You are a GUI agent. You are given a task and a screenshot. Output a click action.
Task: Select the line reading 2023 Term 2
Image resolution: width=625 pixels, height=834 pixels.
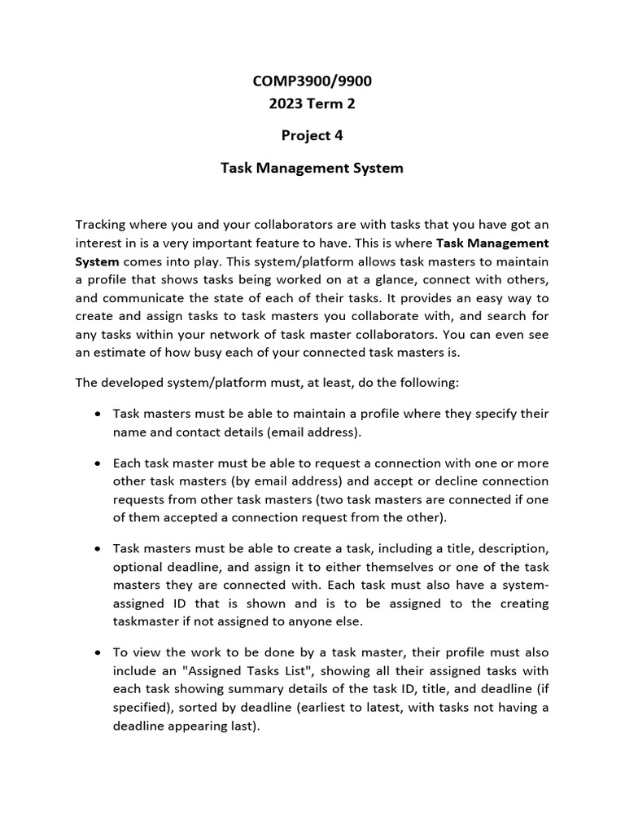tap(312, 103)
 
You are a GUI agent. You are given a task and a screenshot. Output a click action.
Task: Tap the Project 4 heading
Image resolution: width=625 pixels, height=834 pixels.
tap(312, 136)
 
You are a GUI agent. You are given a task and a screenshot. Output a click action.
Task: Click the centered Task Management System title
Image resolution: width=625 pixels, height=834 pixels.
tap(312, 169)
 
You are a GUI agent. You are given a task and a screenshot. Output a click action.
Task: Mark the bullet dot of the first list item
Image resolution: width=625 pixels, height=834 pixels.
tap(98, 415)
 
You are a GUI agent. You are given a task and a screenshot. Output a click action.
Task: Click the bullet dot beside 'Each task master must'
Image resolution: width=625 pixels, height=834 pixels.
tap(98, 463)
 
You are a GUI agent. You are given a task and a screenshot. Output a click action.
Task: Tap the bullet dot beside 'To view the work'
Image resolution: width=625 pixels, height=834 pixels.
tap(98, 653)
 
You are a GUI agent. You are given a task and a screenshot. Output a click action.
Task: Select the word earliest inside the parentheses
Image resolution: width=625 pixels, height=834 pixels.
tap(322, 707)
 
